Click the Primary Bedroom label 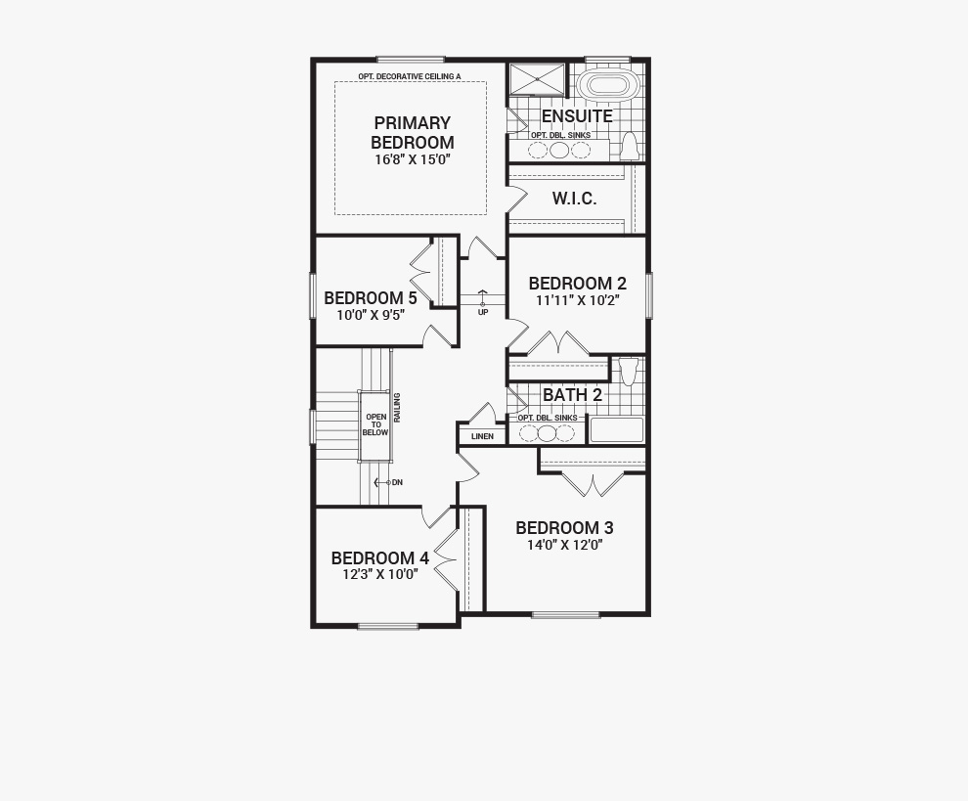[413, 132]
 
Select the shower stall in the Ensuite [537, 79]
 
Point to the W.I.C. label [574, 199]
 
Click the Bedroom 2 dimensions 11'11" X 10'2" [577, 301]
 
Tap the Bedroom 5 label [371, 297]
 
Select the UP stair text [483, 313]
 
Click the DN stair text [397, 482]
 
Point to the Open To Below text [375, 424]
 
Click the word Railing [398, 408]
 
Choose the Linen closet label [482, 436]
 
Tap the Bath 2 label [572, 395]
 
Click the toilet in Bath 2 [628, 372]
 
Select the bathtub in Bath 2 [617, 430]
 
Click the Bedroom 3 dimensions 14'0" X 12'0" [565, 546]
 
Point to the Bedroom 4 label [379, 558]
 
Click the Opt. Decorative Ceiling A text [410, 76]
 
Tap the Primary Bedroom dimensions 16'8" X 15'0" [413, 159]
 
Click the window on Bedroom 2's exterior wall [649, 295]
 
